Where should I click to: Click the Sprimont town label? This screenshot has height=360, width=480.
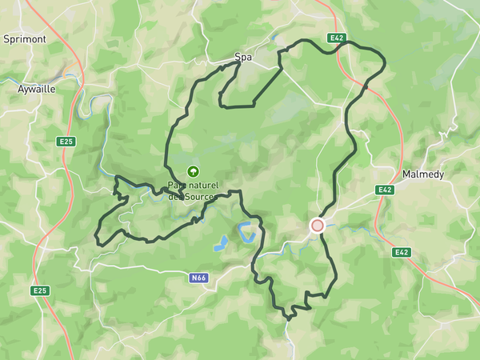coord(25,38)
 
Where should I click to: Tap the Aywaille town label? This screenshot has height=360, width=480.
coord(37,90)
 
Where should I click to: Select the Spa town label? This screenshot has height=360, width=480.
coord(242,58)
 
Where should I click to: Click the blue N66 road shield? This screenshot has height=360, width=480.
coord(199,278)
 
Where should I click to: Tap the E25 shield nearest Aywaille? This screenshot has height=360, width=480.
coord(66,142)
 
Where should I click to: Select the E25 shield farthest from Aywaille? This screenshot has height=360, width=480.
coord(40,290)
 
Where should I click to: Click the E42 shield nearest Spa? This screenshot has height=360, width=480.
coord(336,38)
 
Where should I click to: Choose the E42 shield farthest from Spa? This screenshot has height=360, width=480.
coord(402,252)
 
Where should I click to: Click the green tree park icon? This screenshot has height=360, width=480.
coord(193,170)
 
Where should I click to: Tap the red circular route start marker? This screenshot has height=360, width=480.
coord(318,226)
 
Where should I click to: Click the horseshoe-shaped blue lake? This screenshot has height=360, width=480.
coord(248,233)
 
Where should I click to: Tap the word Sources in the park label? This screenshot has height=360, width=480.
coord(200,197)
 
